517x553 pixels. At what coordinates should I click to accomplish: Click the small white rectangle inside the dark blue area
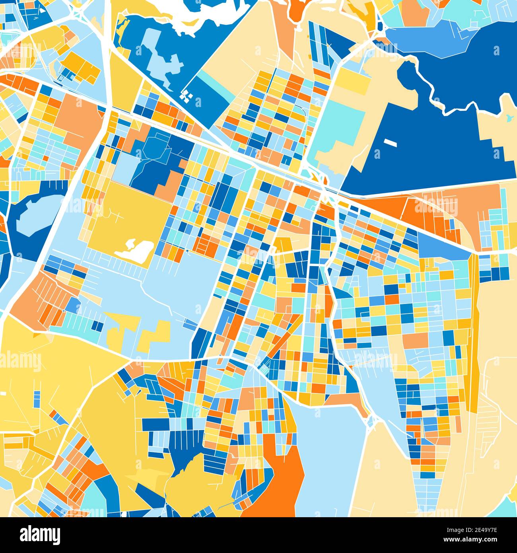(x=390, y=141)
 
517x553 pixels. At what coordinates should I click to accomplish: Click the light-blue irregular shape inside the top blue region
(x=159, y=56)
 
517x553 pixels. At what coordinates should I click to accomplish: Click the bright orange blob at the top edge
(x=296, y=10)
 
